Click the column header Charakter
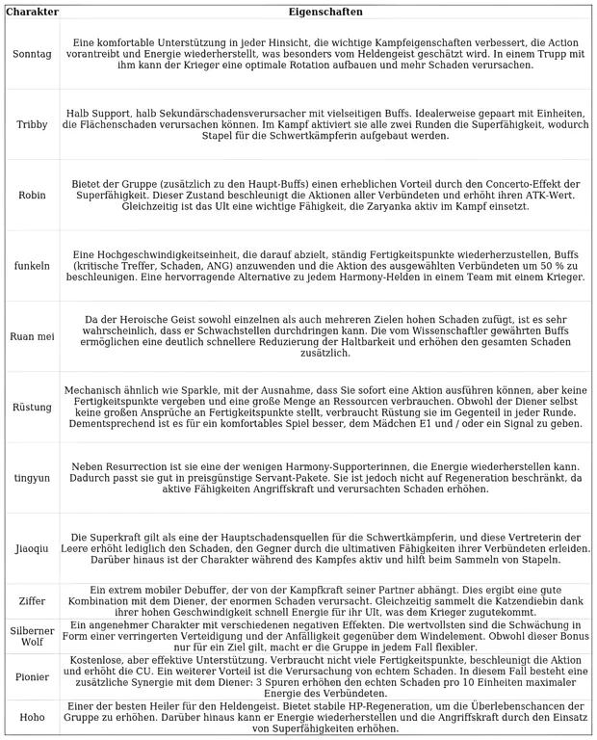pyautogui.click(x=32, y=13)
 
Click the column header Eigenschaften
pyautogui.click(x=325, y=13)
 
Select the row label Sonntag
pyautogui.click(x=32, y=54)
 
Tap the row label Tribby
pyautogui.click(x=32, y=125)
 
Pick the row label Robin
pyautogui.click(x=32, y=196)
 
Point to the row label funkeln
pyautogui.click(x=32, y=266)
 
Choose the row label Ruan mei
pyautogui.click(x=32, y=337)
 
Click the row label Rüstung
pyautogui.click(x=32, y=408)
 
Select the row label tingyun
pyautogui.click(x=32, y=478)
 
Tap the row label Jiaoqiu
pyautogui.click(x=32, y=549)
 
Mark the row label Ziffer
pyautogui.click(x=32, y=601)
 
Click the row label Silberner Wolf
pyautogui.click(x=32, y=636)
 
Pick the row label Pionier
pyautogui.click(x=32, y=677)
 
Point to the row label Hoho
pyautogui.click(x=32, y=718)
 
